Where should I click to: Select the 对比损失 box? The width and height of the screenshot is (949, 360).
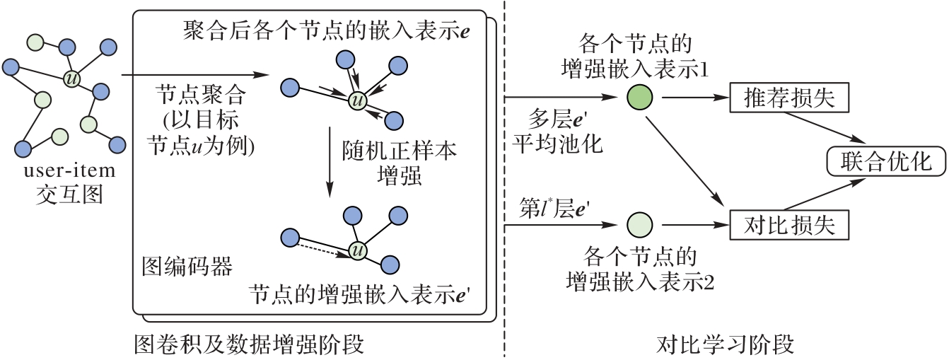click(789, 226)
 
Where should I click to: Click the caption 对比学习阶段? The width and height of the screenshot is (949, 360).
click(726, 345)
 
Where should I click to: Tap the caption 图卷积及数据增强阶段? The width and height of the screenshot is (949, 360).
click(249, 345)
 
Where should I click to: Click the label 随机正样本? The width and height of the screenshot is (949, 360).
click(400, 151)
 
